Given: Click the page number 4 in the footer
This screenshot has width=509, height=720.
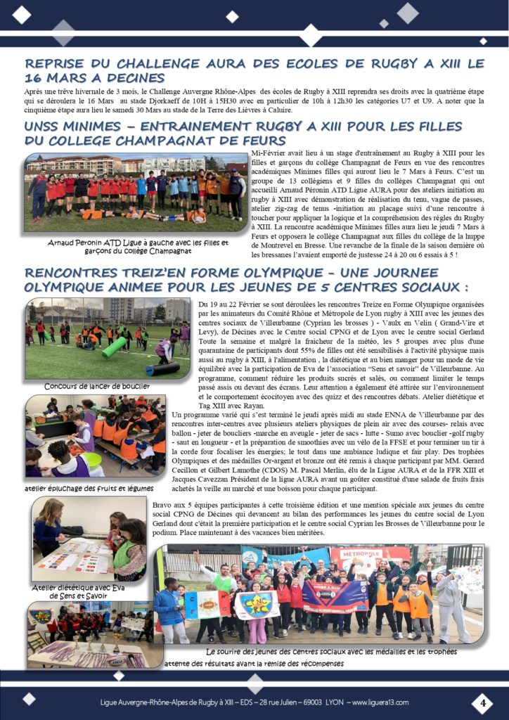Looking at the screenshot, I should click(482, 702).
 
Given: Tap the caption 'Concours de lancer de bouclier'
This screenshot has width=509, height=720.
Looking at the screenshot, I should click(96, 386).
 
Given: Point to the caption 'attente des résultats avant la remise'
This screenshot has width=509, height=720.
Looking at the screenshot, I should click(253, 663).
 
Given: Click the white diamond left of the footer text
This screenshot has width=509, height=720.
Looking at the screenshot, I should click(28, 698).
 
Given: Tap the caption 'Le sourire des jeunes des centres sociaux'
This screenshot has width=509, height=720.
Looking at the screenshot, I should click(330, 652).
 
